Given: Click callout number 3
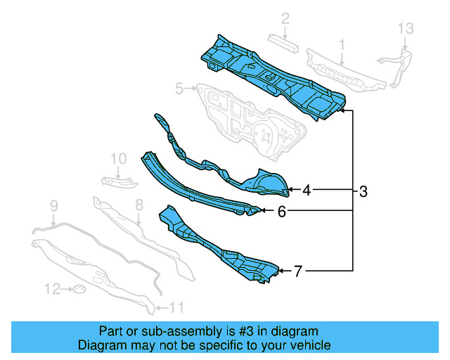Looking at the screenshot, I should [x=363, y=191].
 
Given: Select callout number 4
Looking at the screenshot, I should [x=307, y=190].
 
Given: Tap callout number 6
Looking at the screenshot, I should [x=281, y=210].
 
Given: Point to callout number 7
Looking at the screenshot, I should [x=298, y=270].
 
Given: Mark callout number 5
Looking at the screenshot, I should [x=179, y=89].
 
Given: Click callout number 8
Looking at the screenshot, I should [x=139, y=205].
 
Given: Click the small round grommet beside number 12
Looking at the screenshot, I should [x=79, y=289].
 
